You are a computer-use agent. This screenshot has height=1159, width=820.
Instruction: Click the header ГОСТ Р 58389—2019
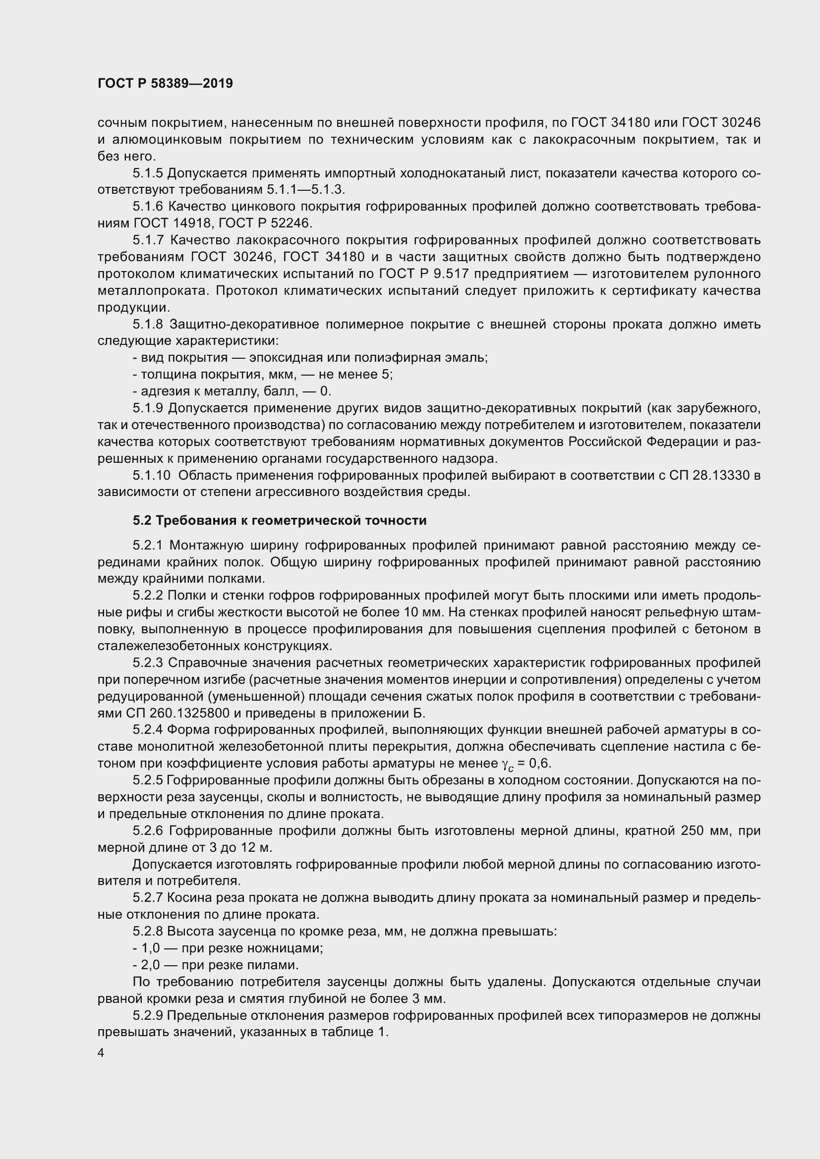tap(165, 83)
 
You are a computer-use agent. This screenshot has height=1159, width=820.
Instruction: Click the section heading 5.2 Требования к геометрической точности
tap(280, 520)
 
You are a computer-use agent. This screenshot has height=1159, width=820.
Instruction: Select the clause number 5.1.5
tap(148, 173)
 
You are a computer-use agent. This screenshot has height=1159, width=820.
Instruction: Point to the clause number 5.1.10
tap(152, 476)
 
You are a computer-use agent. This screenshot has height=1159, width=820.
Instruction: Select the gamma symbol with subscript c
tap(507, 765)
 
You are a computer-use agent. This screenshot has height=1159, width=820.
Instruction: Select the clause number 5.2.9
tap(148, 1015)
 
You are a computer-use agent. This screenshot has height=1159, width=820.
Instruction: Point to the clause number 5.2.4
tap(148, 730)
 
